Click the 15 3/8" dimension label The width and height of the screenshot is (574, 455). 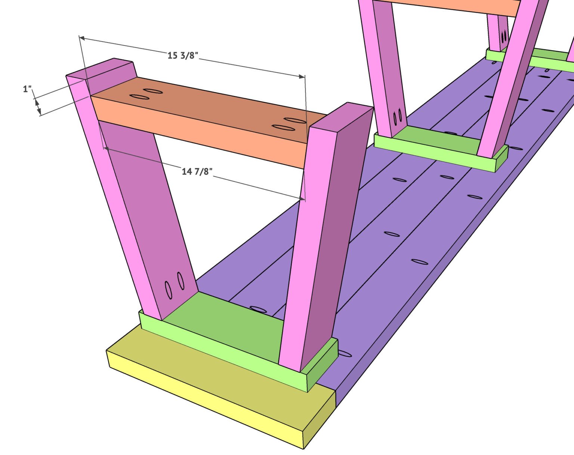pos(182,56)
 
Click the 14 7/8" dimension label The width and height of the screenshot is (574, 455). pos(197,171)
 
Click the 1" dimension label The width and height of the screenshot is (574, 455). pos(27,89)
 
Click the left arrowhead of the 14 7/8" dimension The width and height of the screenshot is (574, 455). pos(106,149)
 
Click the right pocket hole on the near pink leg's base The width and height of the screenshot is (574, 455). pos(181,281)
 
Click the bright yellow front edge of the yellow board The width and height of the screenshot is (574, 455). pos(202,403)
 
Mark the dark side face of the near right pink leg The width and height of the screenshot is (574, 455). pos(333,232)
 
